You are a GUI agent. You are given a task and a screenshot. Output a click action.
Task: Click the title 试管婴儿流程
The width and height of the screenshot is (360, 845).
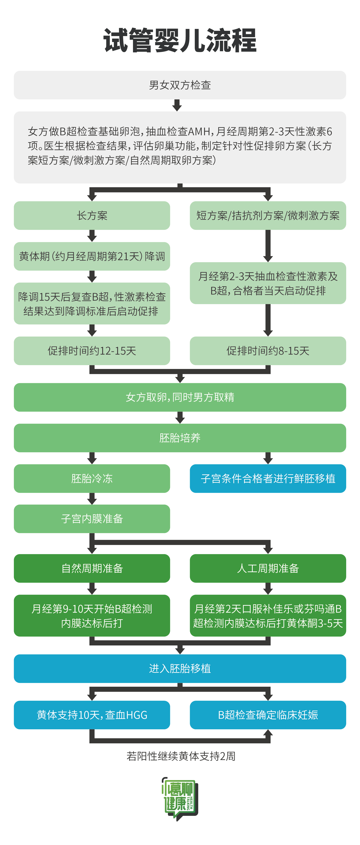pos(180,41)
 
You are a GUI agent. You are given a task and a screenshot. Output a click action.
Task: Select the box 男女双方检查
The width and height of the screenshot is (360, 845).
pos(180,85)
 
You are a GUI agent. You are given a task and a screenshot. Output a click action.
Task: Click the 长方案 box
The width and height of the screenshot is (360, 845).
pos(92,215)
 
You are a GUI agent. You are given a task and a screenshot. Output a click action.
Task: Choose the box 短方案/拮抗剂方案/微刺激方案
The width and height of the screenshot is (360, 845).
pos(268,215)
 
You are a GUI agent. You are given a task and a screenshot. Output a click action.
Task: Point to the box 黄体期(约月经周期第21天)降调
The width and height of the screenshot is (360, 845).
pos(92,256)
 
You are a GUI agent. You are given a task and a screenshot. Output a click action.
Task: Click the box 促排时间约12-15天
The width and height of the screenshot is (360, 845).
pos(92,351)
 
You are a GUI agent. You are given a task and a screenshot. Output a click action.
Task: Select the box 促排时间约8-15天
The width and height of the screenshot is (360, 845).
pos(268,351)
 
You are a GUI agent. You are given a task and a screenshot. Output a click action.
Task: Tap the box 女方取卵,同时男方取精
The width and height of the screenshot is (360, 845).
pos(180,397)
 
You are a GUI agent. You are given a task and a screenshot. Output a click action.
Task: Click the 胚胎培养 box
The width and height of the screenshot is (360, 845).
pos(180,438)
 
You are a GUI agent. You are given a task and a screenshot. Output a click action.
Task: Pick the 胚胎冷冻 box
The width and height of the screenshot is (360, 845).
pos(92,478)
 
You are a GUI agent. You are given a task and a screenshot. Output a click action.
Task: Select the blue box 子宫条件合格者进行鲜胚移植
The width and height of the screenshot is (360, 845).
pos(268,478)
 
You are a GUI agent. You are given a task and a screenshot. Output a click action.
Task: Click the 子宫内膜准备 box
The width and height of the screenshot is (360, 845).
pos(92,519)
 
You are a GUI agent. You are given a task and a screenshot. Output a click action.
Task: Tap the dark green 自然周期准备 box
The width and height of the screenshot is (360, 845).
pos(92,568)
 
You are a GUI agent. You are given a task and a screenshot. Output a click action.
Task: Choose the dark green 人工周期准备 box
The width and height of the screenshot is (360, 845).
pos(268,568)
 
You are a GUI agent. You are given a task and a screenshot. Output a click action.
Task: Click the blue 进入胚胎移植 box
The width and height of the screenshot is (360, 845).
pos(180,668)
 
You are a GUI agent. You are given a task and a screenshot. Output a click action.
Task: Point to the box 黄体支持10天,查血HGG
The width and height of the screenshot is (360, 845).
pos(92,715)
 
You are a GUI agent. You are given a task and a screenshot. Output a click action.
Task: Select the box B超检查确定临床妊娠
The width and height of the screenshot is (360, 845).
pos(268,715)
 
